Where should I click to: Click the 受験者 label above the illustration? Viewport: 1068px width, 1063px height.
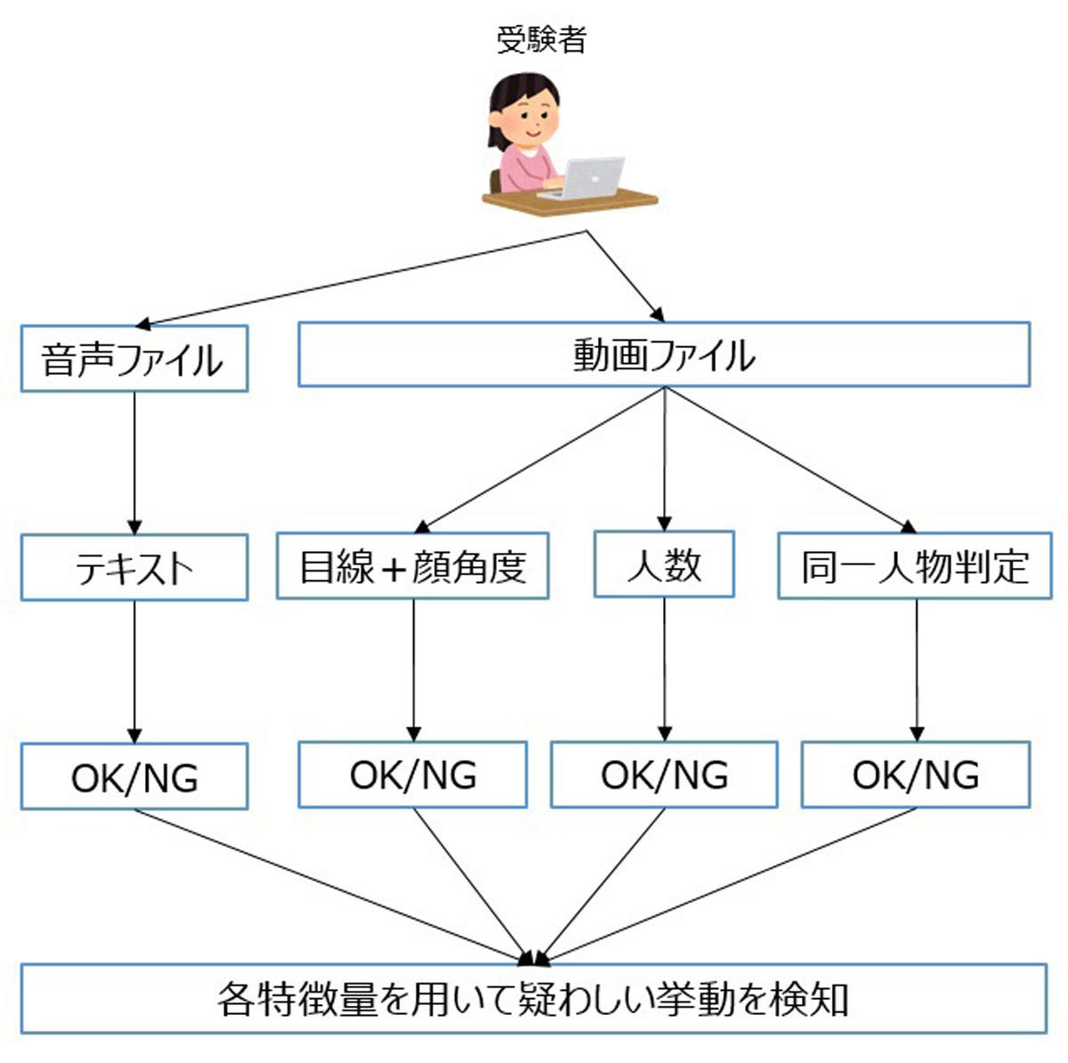coord(541,40)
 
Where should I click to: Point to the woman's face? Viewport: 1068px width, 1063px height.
coord(527,118)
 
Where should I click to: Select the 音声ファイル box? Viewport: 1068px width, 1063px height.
coord(134,358)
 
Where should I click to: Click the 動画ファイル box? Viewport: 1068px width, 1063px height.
coord(664,353)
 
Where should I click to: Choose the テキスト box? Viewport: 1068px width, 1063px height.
coord(134,567)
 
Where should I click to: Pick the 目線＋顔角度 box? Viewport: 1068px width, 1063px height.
coord(413,565)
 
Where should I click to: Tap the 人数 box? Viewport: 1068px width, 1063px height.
coord(664,564)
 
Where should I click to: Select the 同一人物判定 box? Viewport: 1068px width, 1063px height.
coord(915,565)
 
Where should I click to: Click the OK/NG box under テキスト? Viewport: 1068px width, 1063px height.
coord(134,776)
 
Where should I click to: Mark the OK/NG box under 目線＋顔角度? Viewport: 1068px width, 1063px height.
coord(413,774)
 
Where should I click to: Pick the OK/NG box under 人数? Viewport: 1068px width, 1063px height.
coord(664,774)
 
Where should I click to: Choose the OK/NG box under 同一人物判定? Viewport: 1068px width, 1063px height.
coord(916,774)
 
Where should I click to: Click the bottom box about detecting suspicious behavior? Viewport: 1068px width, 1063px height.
coord(534,999)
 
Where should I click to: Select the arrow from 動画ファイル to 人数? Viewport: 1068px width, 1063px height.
coord(665,459)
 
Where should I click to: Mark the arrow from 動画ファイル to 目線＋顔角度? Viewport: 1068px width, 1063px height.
coord(539,459)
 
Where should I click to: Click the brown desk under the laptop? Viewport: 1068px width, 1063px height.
coord(570,199)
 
